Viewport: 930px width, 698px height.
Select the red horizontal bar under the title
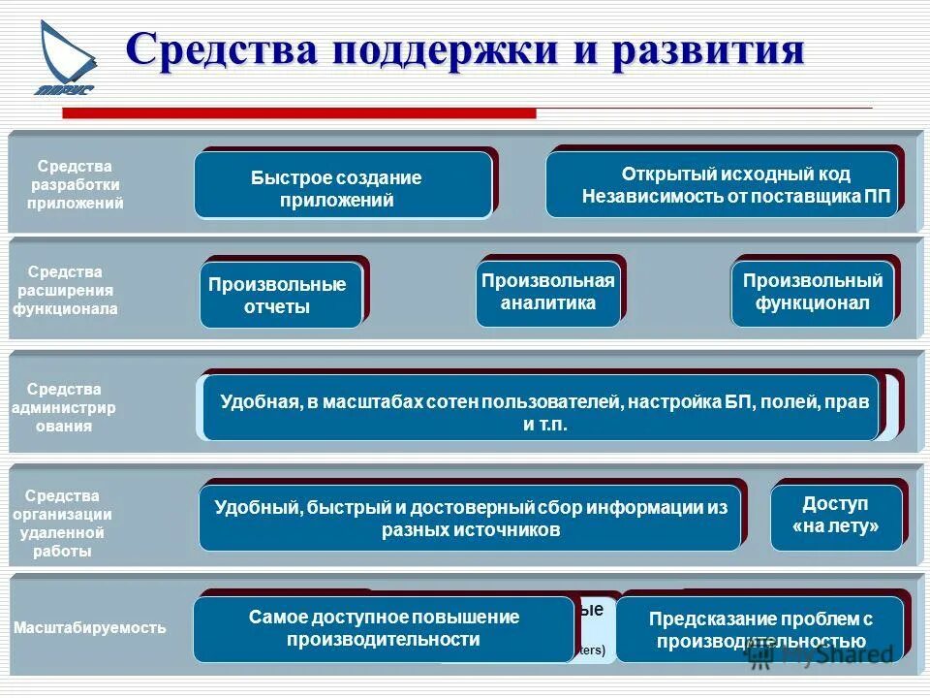(x=299, y=113)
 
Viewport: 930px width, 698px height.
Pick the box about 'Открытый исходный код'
(x=723, y=184)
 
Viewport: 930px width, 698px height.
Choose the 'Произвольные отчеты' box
(x=280, y=296)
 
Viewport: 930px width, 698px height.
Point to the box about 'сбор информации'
(x=470, y=519)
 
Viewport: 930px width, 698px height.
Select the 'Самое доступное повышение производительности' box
(x=383, y=629)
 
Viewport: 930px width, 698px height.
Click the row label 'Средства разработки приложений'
(x=76, y=185)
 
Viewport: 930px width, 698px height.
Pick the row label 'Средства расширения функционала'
(x=65, y=291)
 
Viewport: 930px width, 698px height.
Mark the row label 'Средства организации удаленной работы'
(x=66, y=523)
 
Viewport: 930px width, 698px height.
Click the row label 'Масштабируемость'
(x=89, y=628)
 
